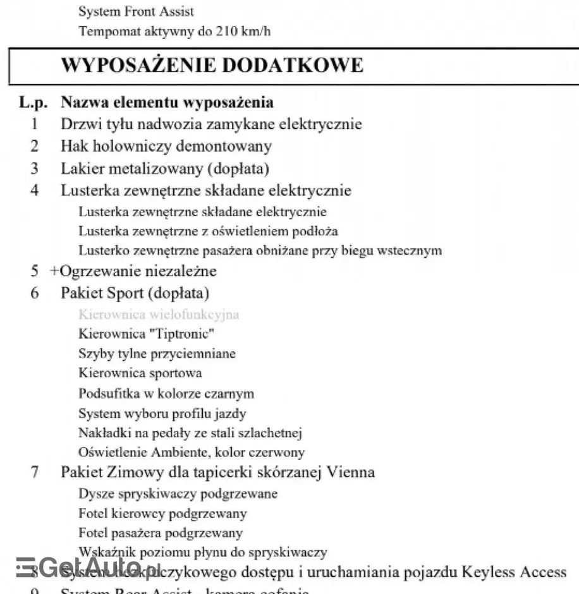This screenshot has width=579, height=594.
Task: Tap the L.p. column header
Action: [34, 102]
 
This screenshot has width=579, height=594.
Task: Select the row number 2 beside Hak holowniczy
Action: [35, 146]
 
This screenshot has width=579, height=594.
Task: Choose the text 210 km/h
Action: [243, 30]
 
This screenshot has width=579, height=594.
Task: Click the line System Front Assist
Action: [136, 11]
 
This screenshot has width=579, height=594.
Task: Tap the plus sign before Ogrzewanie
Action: [54, 271]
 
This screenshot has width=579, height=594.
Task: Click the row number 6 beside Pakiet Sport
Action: [35, 293]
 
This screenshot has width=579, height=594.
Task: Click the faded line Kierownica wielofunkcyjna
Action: [159, 314]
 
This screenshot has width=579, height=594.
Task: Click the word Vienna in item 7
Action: [351, 472]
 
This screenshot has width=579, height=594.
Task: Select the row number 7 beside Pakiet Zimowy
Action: [35, 472]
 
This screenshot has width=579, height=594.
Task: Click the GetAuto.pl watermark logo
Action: [88, 567]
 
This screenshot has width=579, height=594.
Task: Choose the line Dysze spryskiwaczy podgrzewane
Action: [178, 493]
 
